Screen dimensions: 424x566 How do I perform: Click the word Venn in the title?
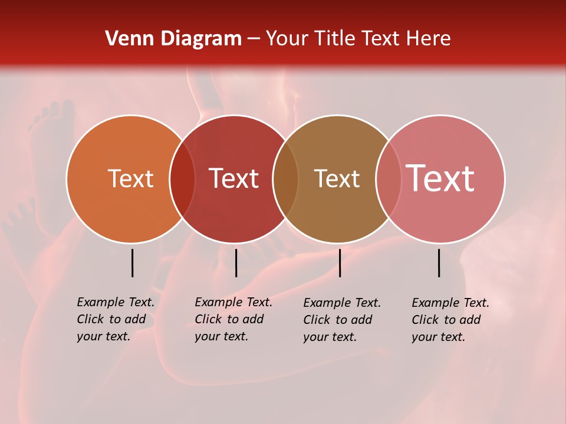pyautogui.click(x=123, y=39)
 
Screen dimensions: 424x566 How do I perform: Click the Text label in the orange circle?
pyautogui.click(x=130, y=178)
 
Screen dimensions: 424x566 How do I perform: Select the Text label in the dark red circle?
pyautogui.click(x=233, y=178)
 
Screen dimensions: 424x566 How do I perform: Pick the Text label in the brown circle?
pyautogui.click(x=337, y=178)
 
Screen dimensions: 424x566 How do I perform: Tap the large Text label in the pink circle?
pyautogui.click(x=440, y=178)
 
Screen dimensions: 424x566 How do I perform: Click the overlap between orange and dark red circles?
pyautogui.click(x=182, y=178)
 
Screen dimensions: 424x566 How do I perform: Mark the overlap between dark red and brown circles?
pyautogui.click(x=285, y=178)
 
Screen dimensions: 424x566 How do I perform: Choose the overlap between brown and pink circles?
pyautogui.click(x=389, y=178)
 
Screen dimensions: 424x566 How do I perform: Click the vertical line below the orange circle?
pyautogui.click(x=132, y=263)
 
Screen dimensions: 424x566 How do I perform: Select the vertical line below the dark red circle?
pyautogui.click(x=236, y=263)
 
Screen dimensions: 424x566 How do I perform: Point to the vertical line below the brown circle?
pyautogui.click(x=340, y=263)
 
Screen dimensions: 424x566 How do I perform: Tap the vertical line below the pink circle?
pyautogui.click(x=439, y=263)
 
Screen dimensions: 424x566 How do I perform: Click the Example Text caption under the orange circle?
pyautogui.click(x=116, y=319)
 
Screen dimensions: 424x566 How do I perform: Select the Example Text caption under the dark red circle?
pyautogui.click(x=233, y=319)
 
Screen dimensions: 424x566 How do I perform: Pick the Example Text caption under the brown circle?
pyautogui.click(x=342, y=320)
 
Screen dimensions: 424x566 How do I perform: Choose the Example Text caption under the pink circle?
pyautogui.click(x=450, y=320)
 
